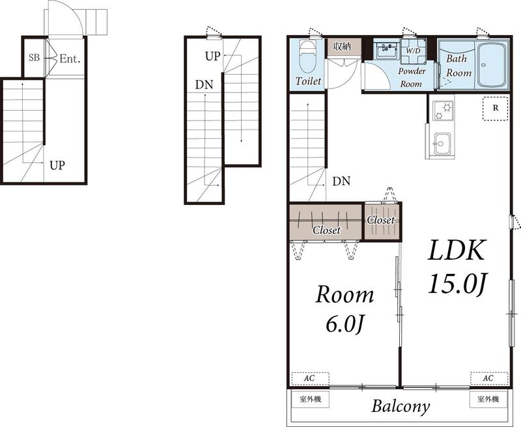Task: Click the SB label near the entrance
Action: click(x=35, y=58)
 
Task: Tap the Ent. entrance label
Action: click(x=70, y=59)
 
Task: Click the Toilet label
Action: click(x=308, y=81)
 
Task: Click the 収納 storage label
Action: click(x=342, y=46)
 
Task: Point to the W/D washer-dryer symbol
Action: click(x=414, y=51)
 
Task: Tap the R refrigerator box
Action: click(x=496, y=108)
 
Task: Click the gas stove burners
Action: click(x=443, y=111)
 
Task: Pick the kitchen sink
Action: click(x=443, y=143)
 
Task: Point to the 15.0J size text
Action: click(x=457, y=283)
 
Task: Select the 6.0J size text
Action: click(x=345, y=324)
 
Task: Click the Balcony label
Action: click(x=401, y=406)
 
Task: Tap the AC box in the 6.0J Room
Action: click(x=311, y=379)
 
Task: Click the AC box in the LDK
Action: click(x=489, y=379)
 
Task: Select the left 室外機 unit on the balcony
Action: click(x=311, y=399)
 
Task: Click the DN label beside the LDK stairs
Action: click(x=341, y=182)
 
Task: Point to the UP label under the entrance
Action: click(x=57, y=165)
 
